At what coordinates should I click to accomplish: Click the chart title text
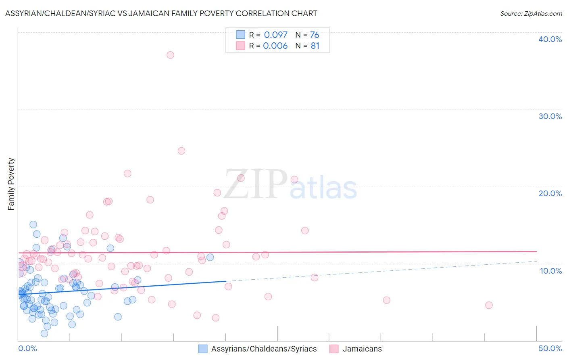point(161,13)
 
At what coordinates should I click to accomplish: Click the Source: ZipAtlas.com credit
point(531,13)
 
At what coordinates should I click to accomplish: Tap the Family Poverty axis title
point(11,184)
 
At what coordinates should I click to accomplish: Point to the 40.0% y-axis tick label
point(550,39)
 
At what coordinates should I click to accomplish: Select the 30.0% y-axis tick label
point(550,116)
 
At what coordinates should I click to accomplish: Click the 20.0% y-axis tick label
point(550,193)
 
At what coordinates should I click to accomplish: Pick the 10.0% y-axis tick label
point(551,271)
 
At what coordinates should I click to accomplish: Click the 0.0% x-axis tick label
point(27,348)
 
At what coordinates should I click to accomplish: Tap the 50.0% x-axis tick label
point(550,348)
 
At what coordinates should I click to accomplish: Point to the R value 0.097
point(276,35)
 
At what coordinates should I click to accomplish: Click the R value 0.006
point(275,46)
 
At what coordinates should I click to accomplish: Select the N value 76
point(315,35)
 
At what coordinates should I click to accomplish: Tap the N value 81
point(315,46)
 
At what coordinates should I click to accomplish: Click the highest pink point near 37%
point(170,55)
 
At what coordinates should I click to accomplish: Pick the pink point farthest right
point(489,305)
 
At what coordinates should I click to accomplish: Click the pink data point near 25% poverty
point(181,151)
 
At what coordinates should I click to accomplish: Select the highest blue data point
point(33,224)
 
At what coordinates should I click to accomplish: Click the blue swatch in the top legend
point(240,35)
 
